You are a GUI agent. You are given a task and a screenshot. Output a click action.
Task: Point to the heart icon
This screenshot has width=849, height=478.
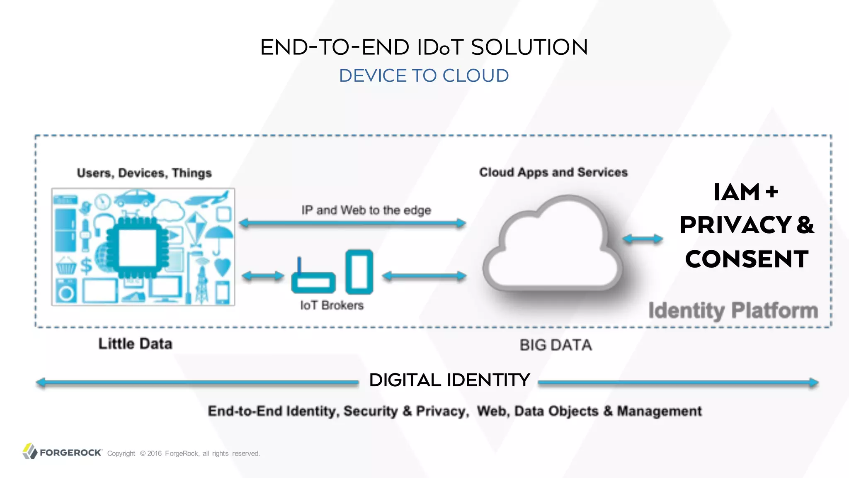pyautogui.click(x=222, y=267)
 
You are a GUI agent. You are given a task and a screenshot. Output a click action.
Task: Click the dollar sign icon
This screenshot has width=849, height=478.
pyautogui.click(x=86, y=266)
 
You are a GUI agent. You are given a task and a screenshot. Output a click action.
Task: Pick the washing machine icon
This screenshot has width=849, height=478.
pyautogui.click(x=66, y=291)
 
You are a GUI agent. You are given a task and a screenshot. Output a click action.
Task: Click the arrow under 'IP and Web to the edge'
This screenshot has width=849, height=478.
pyautogui.click(x=353, y=223)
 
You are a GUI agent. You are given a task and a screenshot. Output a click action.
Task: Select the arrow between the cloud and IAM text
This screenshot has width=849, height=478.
pyautogui.click(x=643, y=239)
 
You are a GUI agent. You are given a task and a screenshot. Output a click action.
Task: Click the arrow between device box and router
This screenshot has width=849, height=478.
pyautogui.click(x=263, y=276)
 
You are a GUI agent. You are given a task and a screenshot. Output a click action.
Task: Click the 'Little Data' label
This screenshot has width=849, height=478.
pyautogui.click(x=135, y=344)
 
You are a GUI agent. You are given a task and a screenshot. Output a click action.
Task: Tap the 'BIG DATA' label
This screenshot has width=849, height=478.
pyautogui.click(x=555, y=345)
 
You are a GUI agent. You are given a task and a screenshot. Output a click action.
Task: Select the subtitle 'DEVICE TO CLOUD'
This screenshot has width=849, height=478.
pyautogui.click(x=424, y=76)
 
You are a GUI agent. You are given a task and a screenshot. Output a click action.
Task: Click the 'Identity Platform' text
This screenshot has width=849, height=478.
pyautogui.click(x=733, y=310)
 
